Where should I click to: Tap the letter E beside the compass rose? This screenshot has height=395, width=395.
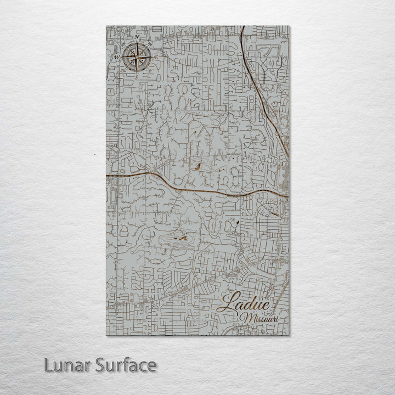[x=156, y=57]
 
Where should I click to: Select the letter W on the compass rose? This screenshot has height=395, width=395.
[x=116, y=57]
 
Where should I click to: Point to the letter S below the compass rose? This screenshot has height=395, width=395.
[x=136, y=77]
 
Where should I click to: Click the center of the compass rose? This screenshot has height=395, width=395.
[x=136, y=57]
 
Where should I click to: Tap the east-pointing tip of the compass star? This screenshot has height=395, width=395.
[x=152, y=57]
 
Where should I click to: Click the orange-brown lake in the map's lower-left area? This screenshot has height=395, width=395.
[x=178, y=239]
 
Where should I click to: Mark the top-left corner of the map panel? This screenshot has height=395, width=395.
[x=105, y=25]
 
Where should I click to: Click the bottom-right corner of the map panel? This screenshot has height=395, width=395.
[x=290, y=335]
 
